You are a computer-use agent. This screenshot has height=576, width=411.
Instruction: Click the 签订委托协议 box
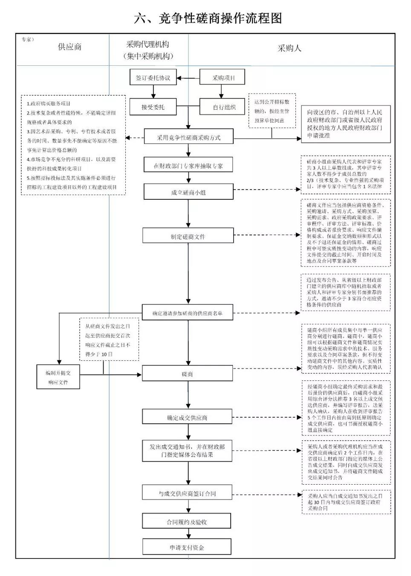153,78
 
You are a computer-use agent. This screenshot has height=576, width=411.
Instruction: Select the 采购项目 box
223,78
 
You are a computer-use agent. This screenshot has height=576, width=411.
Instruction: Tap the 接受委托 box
153,107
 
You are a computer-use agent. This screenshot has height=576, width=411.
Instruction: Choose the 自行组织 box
224,107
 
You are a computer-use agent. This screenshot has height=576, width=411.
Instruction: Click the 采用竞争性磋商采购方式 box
188,137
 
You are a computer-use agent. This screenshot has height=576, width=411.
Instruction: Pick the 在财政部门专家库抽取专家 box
188,166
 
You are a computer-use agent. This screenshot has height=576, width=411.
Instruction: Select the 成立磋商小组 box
188,192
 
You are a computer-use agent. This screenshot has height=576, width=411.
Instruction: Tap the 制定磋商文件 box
188,236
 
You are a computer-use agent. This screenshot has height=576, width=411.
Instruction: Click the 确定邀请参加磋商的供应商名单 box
188,313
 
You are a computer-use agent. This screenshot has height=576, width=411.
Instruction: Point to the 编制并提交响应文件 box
58,377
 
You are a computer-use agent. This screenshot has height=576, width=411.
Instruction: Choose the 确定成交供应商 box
187,418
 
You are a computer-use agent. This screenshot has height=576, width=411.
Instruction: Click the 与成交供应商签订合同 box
187,493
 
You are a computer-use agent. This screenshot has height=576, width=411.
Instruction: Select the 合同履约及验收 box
187,521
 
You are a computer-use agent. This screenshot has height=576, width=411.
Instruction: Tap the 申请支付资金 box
187,547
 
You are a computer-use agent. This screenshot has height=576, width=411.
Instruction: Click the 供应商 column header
69,47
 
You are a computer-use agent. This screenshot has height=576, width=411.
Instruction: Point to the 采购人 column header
289,48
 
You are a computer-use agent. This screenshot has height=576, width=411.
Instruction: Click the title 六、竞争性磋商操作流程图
208,18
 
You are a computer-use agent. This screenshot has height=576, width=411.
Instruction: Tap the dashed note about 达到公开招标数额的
272,111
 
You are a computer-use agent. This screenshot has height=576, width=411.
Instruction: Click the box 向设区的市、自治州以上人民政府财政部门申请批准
345,124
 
